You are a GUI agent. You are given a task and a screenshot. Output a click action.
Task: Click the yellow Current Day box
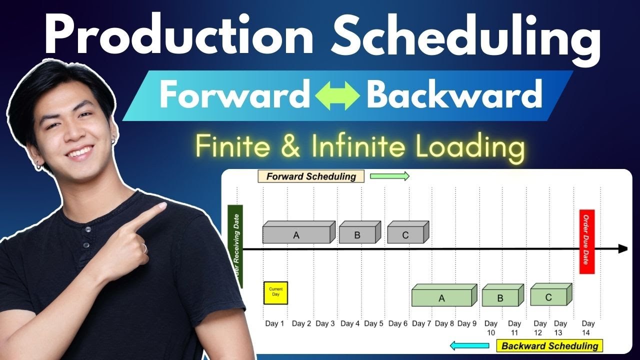(x=275, y=292)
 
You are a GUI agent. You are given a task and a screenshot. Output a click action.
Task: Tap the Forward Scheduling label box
(x=311, y=176)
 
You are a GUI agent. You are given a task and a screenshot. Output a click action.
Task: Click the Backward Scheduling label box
(x=549, y=345)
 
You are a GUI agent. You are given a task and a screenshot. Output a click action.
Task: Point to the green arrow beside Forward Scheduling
(x=389, y=176)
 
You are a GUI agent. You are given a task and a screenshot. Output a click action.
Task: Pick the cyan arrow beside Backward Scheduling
(x=469, y=345)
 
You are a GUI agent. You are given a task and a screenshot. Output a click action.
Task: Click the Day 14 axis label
(x=588, y=327)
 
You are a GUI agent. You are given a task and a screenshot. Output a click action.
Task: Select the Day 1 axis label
(x=274, y=324)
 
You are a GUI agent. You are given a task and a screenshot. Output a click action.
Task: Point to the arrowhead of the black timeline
(x=623, y=249)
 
